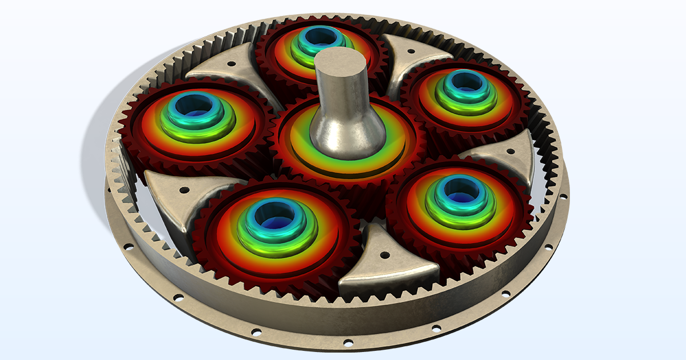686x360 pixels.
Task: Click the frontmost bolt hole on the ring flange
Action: [346, 343]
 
